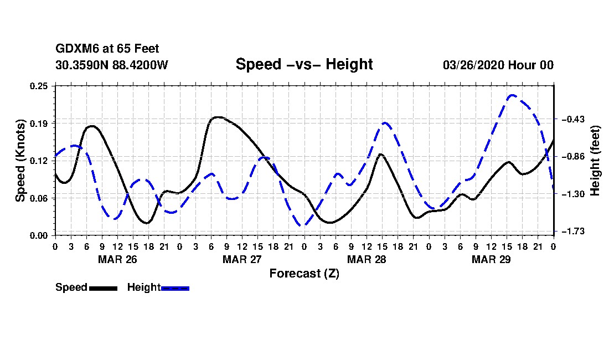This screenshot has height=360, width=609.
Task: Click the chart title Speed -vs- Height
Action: (x=304, y=64)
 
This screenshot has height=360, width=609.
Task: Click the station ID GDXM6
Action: (x=75, y=49)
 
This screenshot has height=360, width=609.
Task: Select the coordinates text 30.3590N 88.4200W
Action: (x=112, y=65)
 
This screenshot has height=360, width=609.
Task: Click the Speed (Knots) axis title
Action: (x=20, y=161)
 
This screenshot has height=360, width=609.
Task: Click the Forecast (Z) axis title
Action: (x=304, y=273)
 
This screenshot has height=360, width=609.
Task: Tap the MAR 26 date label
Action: (x=117, y=259)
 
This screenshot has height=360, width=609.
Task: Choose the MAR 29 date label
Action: (x=491, y=259)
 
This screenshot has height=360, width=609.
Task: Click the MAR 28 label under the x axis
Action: (x=366, y=259)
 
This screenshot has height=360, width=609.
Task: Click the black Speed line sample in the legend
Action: (x=103, y=288)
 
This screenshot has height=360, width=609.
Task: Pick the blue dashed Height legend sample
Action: (x=175, y=288)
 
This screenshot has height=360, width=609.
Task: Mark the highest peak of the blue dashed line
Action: (x=513, y=95)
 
